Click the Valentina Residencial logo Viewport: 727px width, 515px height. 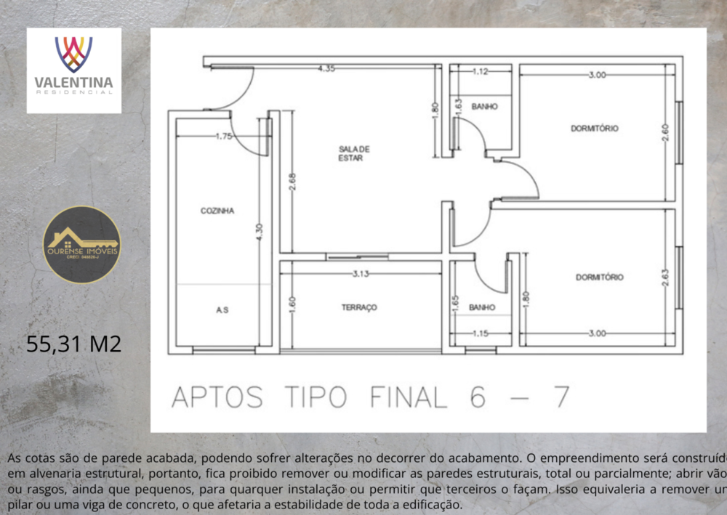click(x=74, y=70)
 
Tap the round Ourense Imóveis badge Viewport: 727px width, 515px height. click(x=81, y=244)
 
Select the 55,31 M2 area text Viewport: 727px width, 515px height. click(x=74, y=344)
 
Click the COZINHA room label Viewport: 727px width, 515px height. click(x=217, y=211)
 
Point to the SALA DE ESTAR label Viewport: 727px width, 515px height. click(x=354, y=153)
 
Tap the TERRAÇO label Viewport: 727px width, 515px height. click(x=359, y=307)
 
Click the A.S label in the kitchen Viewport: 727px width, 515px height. click(x=222, y=310)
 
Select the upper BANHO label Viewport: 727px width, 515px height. click(x=484, y=107)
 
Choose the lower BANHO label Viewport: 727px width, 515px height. click(x=481, y=308)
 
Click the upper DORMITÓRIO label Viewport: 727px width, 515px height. click(x=595, y=129)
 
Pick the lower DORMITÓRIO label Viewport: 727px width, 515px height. click(x=600, y=277)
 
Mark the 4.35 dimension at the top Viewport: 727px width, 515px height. click(x=326, y=69)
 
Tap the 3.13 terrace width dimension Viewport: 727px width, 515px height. click(x=361, y=275)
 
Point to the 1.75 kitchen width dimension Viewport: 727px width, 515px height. click(x=223, y=136)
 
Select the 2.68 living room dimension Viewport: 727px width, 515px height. click(x=292, y=181)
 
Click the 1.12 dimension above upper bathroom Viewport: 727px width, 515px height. click(x=479, y=72)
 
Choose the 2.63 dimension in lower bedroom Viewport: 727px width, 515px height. click(x=664, y=278)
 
